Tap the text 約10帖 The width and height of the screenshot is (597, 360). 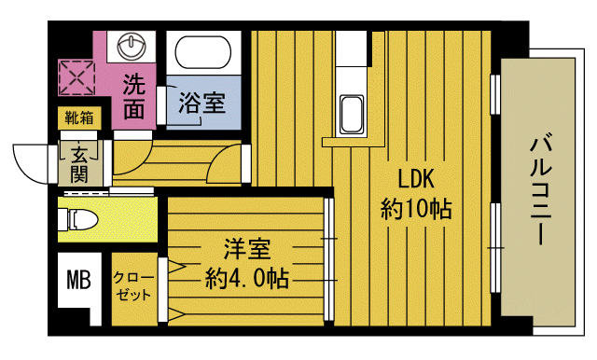tap(416, 208)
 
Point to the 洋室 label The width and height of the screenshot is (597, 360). tap(246, 250)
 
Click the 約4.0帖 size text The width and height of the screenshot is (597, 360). tap(246, 277)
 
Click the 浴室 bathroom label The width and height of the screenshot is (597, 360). tap(201, 103)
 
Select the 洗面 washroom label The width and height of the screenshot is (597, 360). tap(135, 96)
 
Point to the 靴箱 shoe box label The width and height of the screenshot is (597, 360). tap(78, 118)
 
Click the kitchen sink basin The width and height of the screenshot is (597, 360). tap(354, 115)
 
